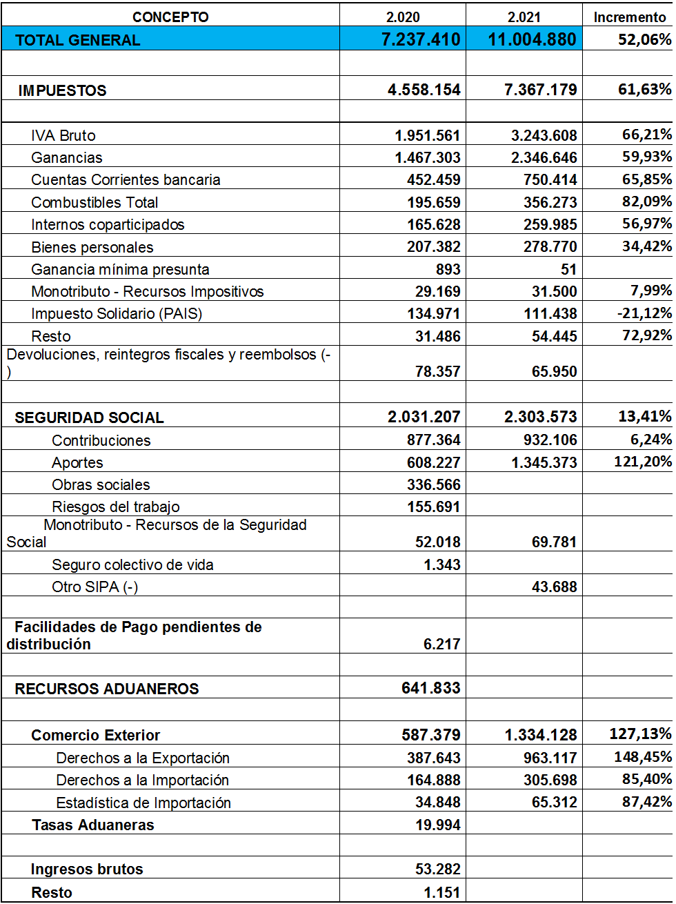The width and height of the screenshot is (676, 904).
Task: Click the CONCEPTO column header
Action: point(170,17)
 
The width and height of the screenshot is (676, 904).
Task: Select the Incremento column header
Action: point(629,17)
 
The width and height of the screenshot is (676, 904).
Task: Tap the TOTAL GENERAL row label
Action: point(77,40)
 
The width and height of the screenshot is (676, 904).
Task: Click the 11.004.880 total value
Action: point(532,39)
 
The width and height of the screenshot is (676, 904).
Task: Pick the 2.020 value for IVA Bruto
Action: point(427,135)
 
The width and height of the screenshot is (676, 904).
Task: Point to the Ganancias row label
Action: point(67,158)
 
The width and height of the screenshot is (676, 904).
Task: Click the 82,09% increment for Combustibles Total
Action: point(646,202)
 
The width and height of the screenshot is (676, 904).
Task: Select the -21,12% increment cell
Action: point(644,313)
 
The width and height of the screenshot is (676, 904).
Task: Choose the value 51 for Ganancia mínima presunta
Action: point(568,269)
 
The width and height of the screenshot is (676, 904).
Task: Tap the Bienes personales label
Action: point(92,247)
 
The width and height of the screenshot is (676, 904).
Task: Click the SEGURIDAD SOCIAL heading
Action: point(89,417)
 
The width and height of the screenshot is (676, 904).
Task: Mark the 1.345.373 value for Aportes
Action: point(544,462)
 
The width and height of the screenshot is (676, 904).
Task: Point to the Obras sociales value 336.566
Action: point(433,484)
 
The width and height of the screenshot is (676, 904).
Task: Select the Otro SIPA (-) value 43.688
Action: point(554,587)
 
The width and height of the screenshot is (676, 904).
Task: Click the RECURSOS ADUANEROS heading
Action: point(106,689)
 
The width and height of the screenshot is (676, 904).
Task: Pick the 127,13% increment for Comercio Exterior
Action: point(640,734)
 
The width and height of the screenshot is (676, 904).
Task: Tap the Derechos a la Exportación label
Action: point(143,758)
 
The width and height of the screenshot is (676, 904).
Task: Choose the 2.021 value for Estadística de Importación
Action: point(554,802)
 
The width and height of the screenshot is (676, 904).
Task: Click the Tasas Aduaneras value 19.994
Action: point(437,825)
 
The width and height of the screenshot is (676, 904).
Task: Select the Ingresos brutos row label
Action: point(87,869)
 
